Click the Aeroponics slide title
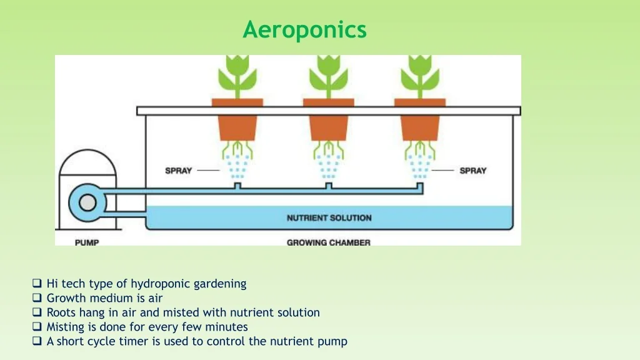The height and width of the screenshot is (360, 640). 304,30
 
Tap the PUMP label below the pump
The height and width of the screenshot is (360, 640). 87,242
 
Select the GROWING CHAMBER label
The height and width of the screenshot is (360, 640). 329,242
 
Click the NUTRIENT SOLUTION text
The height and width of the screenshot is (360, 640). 329,218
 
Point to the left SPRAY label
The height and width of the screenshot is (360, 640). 178,171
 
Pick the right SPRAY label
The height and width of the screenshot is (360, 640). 473,171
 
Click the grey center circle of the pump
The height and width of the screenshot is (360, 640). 87,203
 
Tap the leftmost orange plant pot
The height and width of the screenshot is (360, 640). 237,120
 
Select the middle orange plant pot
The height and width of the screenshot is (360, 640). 329,120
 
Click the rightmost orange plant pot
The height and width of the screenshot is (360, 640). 420,120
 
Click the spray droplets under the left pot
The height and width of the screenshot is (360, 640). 237,166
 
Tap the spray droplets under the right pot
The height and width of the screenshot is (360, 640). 420,166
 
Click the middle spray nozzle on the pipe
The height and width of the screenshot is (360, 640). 329,186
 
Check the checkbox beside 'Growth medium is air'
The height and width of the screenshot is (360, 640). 37,297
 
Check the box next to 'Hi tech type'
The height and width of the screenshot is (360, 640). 37,283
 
